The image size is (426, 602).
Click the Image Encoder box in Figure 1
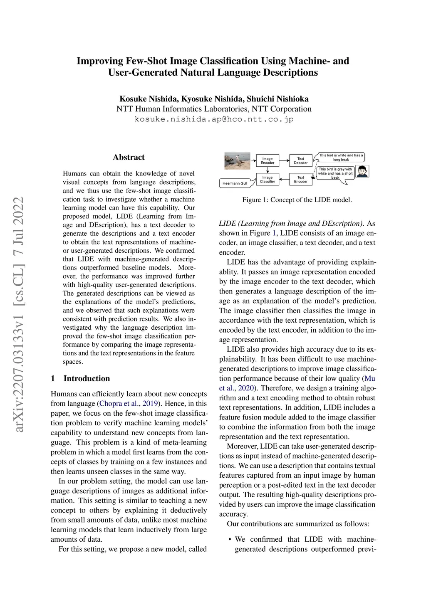point(267,160)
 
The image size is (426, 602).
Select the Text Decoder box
point(300,160)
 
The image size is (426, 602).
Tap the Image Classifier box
point(267,179)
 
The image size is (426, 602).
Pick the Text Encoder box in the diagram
point(300,179)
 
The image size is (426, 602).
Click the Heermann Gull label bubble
point(235,183)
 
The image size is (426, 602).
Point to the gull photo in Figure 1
point(237,161)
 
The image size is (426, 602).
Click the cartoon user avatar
point(362,171)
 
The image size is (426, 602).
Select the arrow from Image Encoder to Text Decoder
point(284,160)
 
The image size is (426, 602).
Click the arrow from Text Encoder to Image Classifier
point(284,179)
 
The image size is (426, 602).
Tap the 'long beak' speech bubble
point(341,157)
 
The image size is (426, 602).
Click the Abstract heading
point(129,157)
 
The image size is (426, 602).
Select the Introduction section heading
point(87,378)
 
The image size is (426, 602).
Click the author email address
point(214,119)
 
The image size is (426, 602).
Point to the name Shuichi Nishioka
point(277,99)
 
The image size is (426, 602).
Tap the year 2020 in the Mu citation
point(245,388)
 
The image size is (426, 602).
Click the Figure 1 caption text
point(297,200)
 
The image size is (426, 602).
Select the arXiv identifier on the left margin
point(19,314)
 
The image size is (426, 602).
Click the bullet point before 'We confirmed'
point(230,539)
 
